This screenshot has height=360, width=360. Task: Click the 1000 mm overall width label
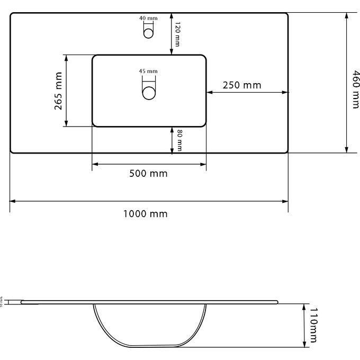pyautogui.click(x=145, y=214)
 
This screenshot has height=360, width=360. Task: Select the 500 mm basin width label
pyautogui.click(x=148, y=174)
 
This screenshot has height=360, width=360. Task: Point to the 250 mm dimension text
pyautogui.click(x=241, y=85)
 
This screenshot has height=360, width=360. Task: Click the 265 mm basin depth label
pyautogui.click(x=58, y=91)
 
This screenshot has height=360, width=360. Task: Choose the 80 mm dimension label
pyautogui.click(x=179, y=141)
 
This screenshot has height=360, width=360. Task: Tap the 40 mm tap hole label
pyautogui.click(x=149, y=18)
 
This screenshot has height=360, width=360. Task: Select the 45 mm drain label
pyautogui.click(x=149, y=71)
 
